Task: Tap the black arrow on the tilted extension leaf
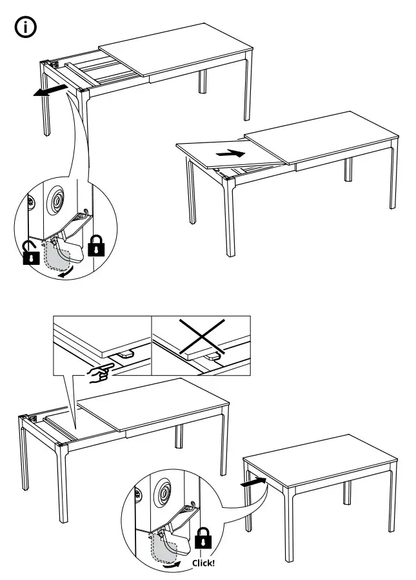pos(231,154)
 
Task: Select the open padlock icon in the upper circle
pos(29,253)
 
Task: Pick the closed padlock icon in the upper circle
pos(95,245)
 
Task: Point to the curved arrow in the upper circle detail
pos(64,274)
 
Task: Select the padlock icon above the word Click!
pos(203,539)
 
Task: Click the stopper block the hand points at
pos(125,353)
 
